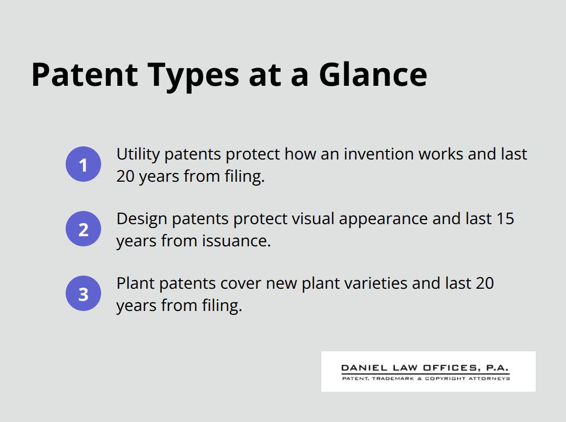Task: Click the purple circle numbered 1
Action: (83, 164)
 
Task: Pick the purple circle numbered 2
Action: (83, 229)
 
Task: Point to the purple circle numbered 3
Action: (83, 293)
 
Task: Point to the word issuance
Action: (237, 241)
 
